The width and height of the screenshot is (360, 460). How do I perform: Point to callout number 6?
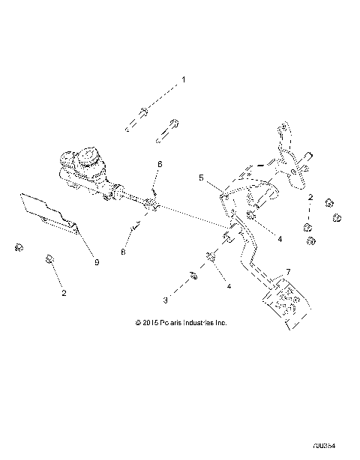point(159,163)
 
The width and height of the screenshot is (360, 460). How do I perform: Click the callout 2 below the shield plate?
point(63,293)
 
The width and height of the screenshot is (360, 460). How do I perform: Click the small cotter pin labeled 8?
point(135,226)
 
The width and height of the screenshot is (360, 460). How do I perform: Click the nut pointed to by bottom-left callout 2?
point(49,259)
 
